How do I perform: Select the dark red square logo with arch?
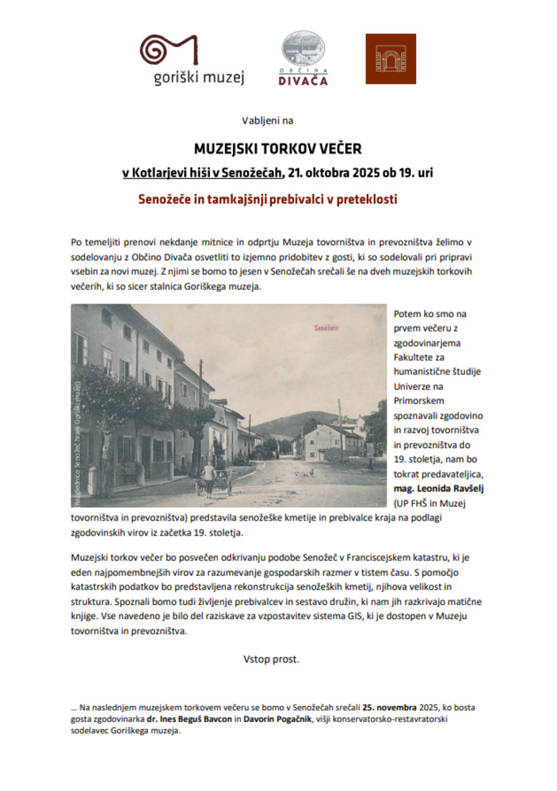coord(390,58)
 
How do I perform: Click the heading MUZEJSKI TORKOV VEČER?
coord(278,149)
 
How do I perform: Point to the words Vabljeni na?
coord(267,121)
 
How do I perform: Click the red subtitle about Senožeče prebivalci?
coord(267,198)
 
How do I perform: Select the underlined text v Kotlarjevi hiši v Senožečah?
coord(202,173)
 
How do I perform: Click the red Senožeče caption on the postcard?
coord(327,328)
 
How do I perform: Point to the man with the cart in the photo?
coord(209,477)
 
